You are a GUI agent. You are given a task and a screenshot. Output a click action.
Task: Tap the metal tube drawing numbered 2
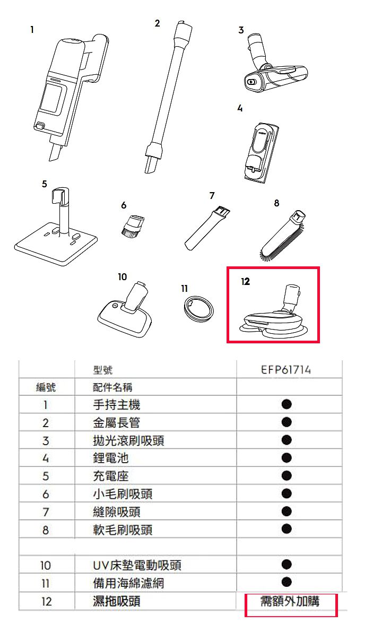coord(167,97)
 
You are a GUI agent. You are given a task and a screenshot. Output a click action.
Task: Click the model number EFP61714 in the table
coord(286,370)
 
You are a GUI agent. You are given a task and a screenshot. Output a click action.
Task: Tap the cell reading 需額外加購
coord(290,601)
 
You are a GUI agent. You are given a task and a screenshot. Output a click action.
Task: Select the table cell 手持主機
coord(116,405)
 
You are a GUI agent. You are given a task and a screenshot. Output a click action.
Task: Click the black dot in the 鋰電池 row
coord(287,457)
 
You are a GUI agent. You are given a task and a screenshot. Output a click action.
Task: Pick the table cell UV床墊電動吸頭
coord(137,565)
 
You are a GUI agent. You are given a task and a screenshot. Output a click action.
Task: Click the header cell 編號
coord(46,387)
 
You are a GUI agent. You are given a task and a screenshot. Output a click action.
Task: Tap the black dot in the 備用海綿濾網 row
coord(287,582)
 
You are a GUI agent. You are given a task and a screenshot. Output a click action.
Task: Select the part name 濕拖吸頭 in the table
coord(116,601)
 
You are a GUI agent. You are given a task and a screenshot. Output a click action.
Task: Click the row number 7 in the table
coord(46,512)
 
